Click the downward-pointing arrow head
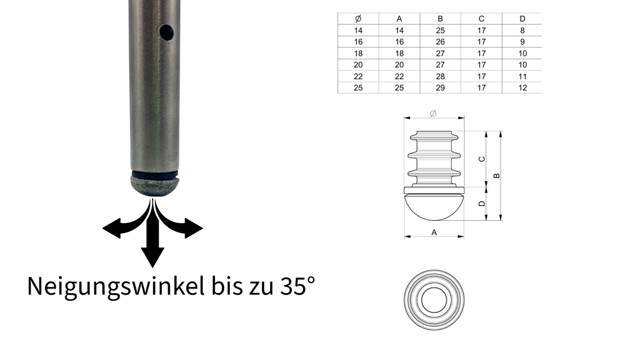(153, 258)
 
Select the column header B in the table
(440, 19)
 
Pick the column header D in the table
(522, 19)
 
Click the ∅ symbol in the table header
(358, 19)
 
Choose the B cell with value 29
(440, 88)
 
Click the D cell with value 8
(522, 31)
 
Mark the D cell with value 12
(522, 88)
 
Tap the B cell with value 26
(440, 42)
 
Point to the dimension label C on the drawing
(481, 159)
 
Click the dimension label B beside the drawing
(496, 176)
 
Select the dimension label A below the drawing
(434, 232)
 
